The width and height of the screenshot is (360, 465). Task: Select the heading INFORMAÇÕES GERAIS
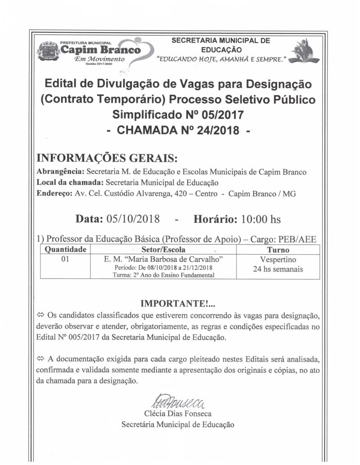107,159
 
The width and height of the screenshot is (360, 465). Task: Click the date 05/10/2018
133,219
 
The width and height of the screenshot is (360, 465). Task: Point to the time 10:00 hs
261,219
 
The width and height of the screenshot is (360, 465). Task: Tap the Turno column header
278,249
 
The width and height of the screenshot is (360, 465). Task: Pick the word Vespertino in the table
278,260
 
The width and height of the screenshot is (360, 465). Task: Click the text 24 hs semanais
278,269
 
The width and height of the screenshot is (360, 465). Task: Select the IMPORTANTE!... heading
178,303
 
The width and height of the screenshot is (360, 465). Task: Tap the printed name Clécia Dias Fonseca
178,413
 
